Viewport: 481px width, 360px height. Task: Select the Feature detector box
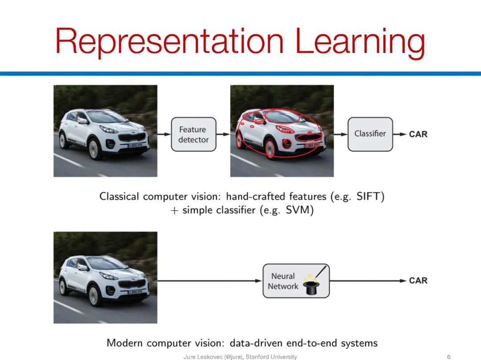pyautogui.click(x=193, y=134)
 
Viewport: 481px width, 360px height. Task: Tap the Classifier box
pyautogui.click(x=370, y=133)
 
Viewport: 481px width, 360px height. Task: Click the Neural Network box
pyautogui.click(x=296, y=281)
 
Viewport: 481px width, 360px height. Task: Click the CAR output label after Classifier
pyautogui.click(x=418, y=134)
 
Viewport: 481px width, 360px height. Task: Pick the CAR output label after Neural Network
pyautogui.click(x=418, y=280)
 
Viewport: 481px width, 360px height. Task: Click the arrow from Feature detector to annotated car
pyautogui.click(x=223, y=134)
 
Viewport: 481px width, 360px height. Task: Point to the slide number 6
pyautogui.click(x=448, y=356)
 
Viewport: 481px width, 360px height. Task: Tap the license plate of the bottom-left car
pyautogui.click(x=136, y=292)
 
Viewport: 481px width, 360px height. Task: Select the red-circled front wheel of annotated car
pyautogui.click(x=270, y=149)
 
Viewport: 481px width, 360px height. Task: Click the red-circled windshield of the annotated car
pyautogui.click(x=282, y=116)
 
